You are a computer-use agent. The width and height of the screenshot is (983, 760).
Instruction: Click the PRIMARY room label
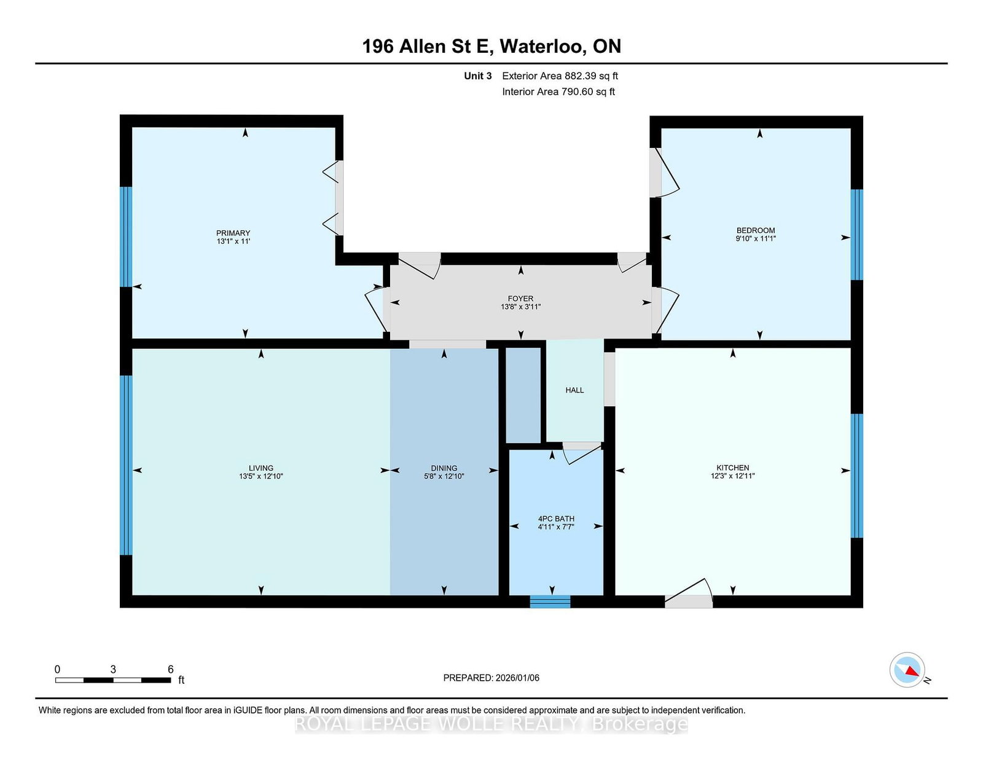[233, 233]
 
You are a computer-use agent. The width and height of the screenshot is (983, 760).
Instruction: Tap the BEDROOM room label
[756, 230]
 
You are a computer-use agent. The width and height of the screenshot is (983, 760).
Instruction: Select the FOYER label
[520, 299]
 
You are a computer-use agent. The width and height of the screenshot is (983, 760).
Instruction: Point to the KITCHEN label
[732, 468]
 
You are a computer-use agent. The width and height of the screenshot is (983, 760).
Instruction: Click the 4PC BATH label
[556, 519]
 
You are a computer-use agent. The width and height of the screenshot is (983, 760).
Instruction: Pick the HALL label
[574, 390]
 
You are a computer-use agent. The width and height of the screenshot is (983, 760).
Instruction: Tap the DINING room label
[444, 468]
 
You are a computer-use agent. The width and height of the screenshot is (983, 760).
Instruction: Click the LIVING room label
[261, 468]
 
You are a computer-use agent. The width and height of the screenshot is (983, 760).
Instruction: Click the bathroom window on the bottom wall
[550, 601]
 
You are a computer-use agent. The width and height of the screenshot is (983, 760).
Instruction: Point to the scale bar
[113, 680]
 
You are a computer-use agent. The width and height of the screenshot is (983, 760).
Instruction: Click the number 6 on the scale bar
[171, 670]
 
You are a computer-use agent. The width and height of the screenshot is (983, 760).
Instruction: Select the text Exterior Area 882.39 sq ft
[560, 76]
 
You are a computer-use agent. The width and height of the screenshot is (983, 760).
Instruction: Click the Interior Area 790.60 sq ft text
[558, 92]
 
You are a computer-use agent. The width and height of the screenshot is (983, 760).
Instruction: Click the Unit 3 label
[478, 76]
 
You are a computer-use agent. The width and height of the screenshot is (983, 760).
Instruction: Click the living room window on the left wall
[126, 465]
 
